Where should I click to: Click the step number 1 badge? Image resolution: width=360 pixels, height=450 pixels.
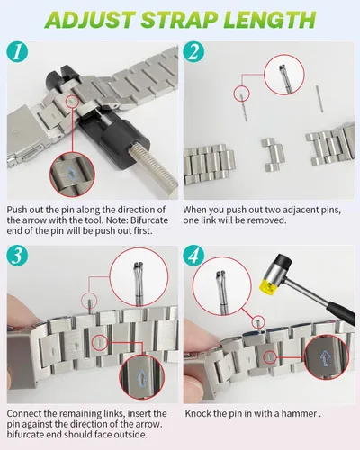pos(17,51)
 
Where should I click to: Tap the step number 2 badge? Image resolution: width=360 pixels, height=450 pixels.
pos(193,51)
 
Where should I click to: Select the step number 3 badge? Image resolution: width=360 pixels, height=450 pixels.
pos(17,256)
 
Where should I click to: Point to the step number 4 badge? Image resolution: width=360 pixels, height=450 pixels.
pos(193,256)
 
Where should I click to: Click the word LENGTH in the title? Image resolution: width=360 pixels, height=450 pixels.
pos(269,20)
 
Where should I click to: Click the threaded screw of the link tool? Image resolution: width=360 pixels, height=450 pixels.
pos(153,166)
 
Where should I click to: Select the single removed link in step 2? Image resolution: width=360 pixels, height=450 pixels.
pos(273,155)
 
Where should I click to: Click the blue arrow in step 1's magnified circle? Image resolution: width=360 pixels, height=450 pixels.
pos(71,174)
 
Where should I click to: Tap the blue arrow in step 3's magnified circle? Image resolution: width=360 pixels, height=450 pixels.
pos(142,379)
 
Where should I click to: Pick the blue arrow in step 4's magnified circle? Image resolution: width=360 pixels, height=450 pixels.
pos(325,358)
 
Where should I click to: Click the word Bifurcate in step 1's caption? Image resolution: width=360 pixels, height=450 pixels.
pos(149,220)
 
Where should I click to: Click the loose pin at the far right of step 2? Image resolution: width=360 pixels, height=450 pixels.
pos(319,99)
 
